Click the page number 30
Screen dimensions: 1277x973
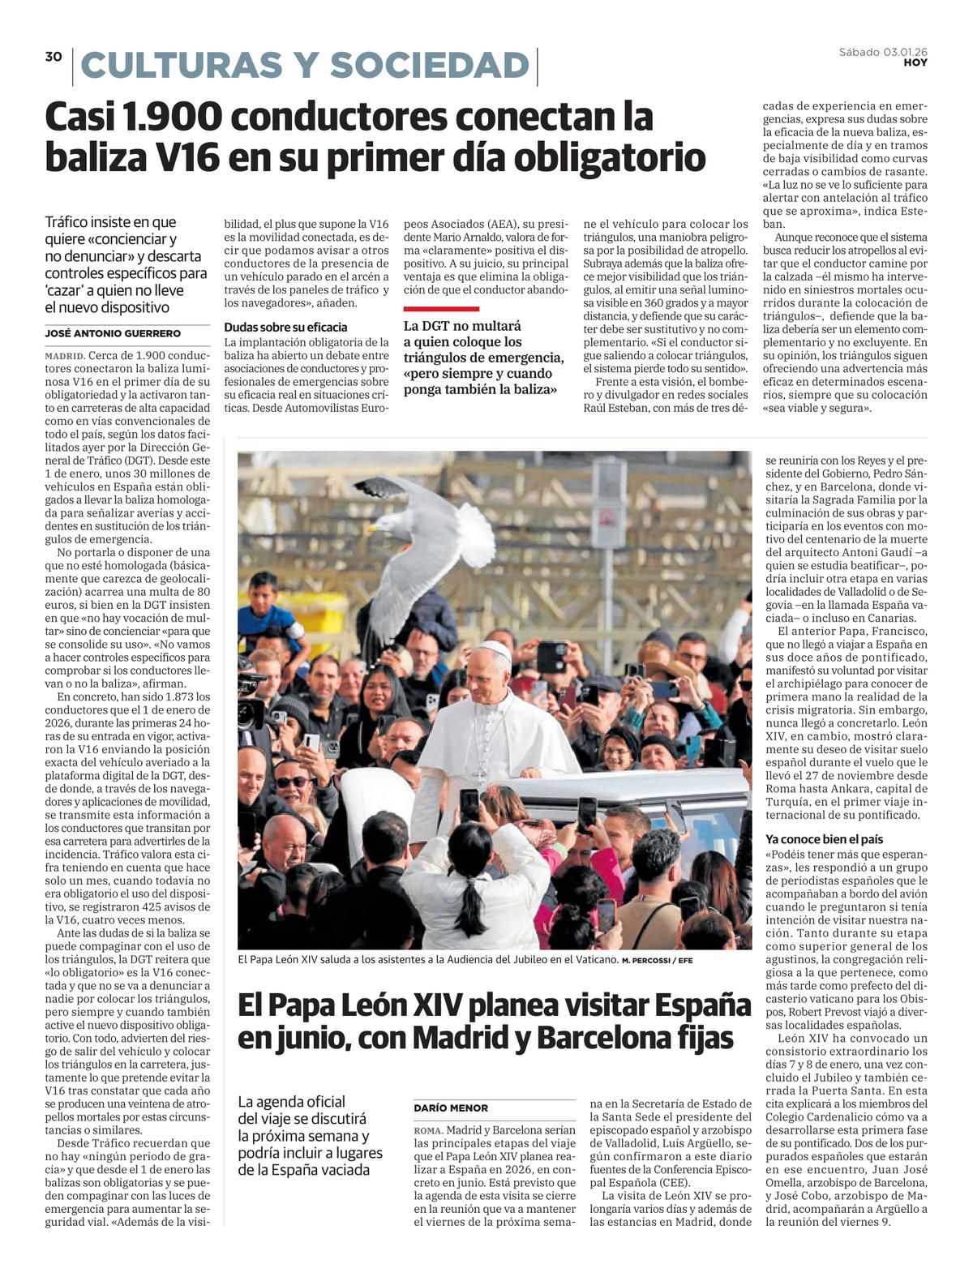[x=54, y=56]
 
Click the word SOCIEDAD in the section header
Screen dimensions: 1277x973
[x=429, y=66]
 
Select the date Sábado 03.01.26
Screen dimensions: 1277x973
[x=883, y=52]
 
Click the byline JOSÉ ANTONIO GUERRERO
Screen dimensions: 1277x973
[x=113, y=333]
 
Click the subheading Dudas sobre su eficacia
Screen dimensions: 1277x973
[x=285, y=327]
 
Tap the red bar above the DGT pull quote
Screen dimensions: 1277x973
[x=441, y=309]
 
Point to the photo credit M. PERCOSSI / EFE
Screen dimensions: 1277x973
[x=657, y=961]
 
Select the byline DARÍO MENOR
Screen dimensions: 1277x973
[x=451, y=1108]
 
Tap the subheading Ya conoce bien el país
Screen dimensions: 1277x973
[x=825, y=839]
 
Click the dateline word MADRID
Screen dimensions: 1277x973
[x=64, y=356]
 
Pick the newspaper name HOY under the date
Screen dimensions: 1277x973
[x=915, y=62]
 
